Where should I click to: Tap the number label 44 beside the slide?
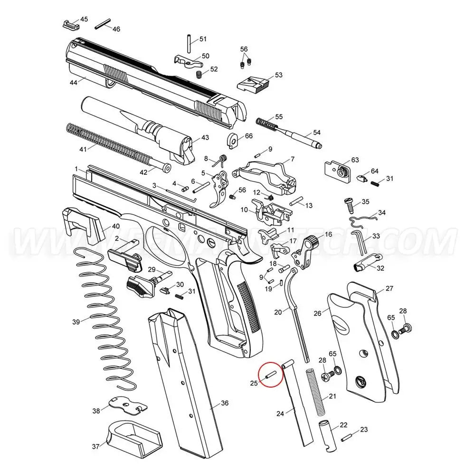click(73, 82)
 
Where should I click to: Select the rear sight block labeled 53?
click(254, 84)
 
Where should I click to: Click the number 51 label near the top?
click(203, 38)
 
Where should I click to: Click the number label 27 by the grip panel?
click(389, 288)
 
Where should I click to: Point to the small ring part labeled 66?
click(234, 141)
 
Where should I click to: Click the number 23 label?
click(364, 429)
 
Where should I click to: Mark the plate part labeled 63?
click(338, 169)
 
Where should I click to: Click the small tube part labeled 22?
click(329, 435)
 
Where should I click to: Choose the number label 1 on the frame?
click(76, 169)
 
